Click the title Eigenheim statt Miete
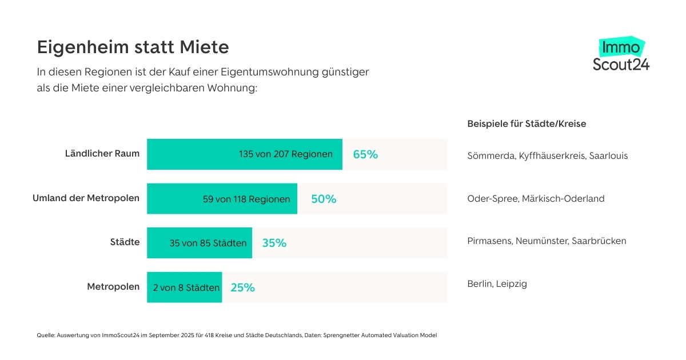coord(133,47)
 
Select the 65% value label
coord(365,154)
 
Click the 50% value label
coord(324,199)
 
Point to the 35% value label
coord(274,243)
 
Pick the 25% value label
coord(242,287)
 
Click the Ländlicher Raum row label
coord(102,154)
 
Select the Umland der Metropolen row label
coord(86,198)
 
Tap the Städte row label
coord(125,242)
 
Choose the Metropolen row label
coord(113,287)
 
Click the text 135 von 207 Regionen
coord(286,154)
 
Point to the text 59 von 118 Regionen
coord(246,199)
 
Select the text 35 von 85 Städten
coord(208,243)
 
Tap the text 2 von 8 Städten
coord(186,287)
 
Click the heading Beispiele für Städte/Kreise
coord(527,124)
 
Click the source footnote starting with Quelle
coord(237,335)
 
